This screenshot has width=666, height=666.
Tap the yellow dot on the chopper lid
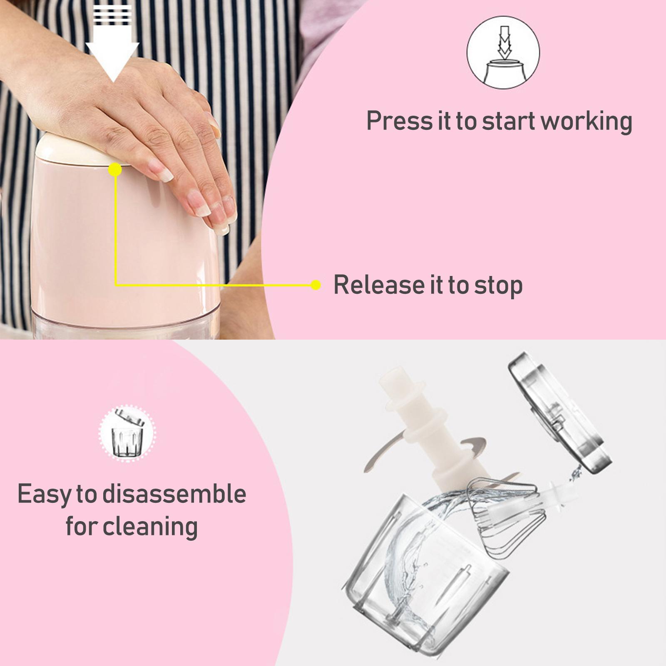click(x=115, y=169)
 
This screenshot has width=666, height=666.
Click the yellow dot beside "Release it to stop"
click(x=316, y=285)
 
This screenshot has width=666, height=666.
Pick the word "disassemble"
click(x=174, y=494)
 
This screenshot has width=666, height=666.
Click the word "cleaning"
click(x=150, y=527)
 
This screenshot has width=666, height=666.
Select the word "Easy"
click(x=44, y=495)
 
